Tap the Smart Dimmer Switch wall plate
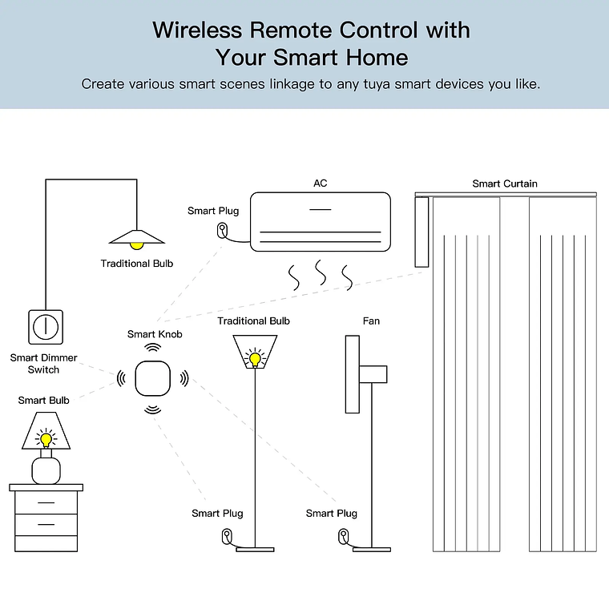tap(46, 325)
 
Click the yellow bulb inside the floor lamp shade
tap(255, 358)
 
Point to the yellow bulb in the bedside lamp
tap(46, 439)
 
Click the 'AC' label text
tap(320, 184)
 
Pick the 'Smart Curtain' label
tap(505, 184)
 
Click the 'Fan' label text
tap(371, 321)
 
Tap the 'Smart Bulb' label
tap(44, 400)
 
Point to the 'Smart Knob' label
tap(155, 334)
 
